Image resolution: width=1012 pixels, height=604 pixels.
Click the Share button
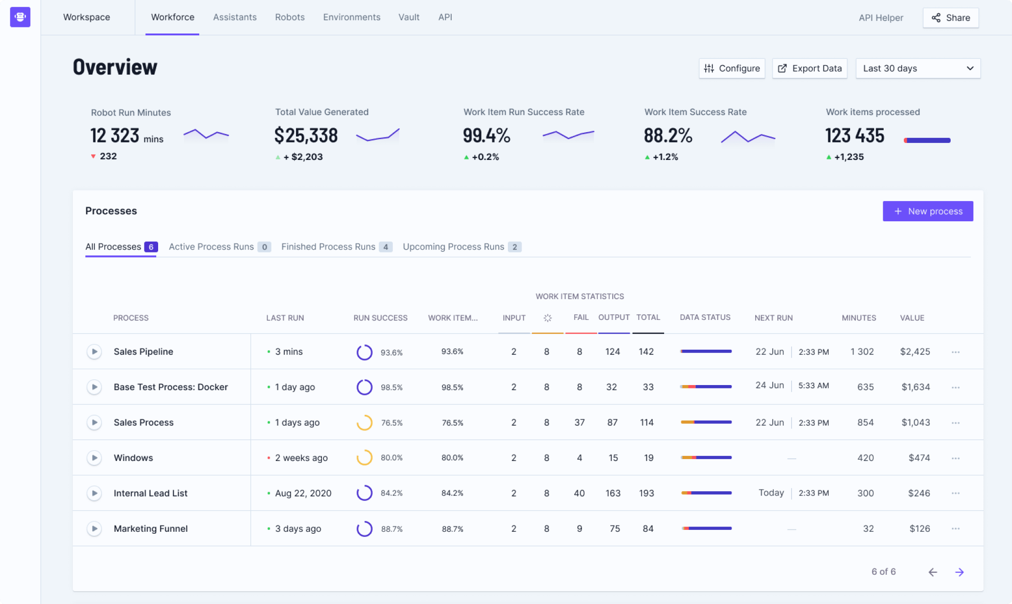[951, 18]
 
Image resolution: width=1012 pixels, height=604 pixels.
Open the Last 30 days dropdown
[918, 68]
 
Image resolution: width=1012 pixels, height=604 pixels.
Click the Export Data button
[810, 68]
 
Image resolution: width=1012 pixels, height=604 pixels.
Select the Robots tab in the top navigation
[290, 17]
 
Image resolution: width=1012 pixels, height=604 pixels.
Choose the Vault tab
[409, 17]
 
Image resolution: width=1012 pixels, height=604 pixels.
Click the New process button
[928, 211]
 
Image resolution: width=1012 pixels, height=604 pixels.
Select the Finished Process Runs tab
[337, 247]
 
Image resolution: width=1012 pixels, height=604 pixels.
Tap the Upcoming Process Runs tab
[462, 247]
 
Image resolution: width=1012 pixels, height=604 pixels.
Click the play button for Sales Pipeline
[94, 352]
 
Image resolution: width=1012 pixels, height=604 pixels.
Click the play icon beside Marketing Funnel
[94, 528]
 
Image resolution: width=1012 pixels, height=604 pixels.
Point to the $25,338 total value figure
[306, 135]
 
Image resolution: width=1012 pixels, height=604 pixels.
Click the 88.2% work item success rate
[668, 135]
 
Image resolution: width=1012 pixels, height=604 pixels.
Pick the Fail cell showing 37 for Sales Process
[580, 422]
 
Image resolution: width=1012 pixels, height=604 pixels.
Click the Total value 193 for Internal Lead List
[647, 493]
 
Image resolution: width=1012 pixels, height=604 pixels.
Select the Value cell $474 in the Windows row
[919, 458]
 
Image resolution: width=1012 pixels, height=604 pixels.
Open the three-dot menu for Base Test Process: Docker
[956, 387]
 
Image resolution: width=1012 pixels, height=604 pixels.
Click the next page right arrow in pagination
[960, 572]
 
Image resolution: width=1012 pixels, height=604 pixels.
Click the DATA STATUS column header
[705, 318]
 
